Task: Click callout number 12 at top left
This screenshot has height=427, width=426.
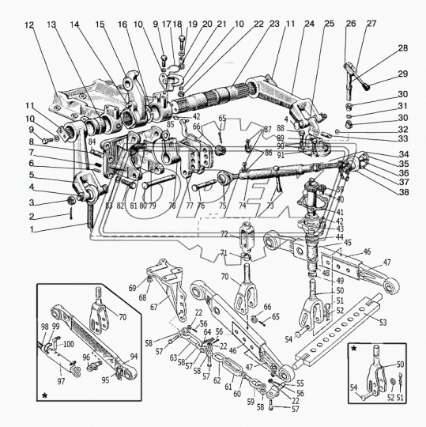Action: pyautogui.click(x=29, y=25)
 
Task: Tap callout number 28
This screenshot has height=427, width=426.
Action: pyautogui.click(x=403, y=49)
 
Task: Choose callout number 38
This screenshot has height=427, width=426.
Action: pyautogui.click(x=405, y=192)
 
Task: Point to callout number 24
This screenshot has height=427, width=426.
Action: pyautogui.click(x=308, y=25)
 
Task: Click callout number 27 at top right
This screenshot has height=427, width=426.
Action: pyautogui.click(x=371, y=25)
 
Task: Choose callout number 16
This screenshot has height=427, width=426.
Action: pyautogui.click(x=123, y=25)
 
